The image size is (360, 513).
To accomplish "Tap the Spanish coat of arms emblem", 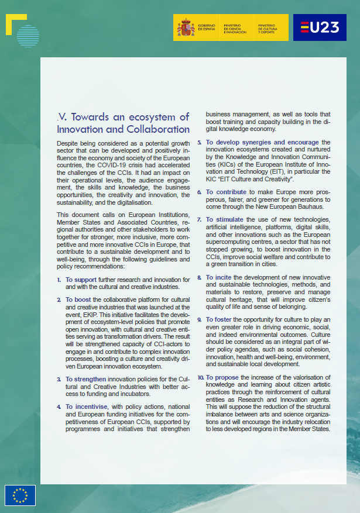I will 186,27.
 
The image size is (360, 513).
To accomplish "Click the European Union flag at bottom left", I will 20,495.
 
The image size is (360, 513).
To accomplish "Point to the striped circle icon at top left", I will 28,36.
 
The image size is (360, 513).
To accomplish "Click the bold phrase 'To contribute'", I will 226,191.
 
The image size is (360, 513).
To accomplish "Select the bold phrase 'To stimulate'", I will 225,219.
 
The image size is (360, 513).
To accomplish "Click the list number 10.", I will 200,377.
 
